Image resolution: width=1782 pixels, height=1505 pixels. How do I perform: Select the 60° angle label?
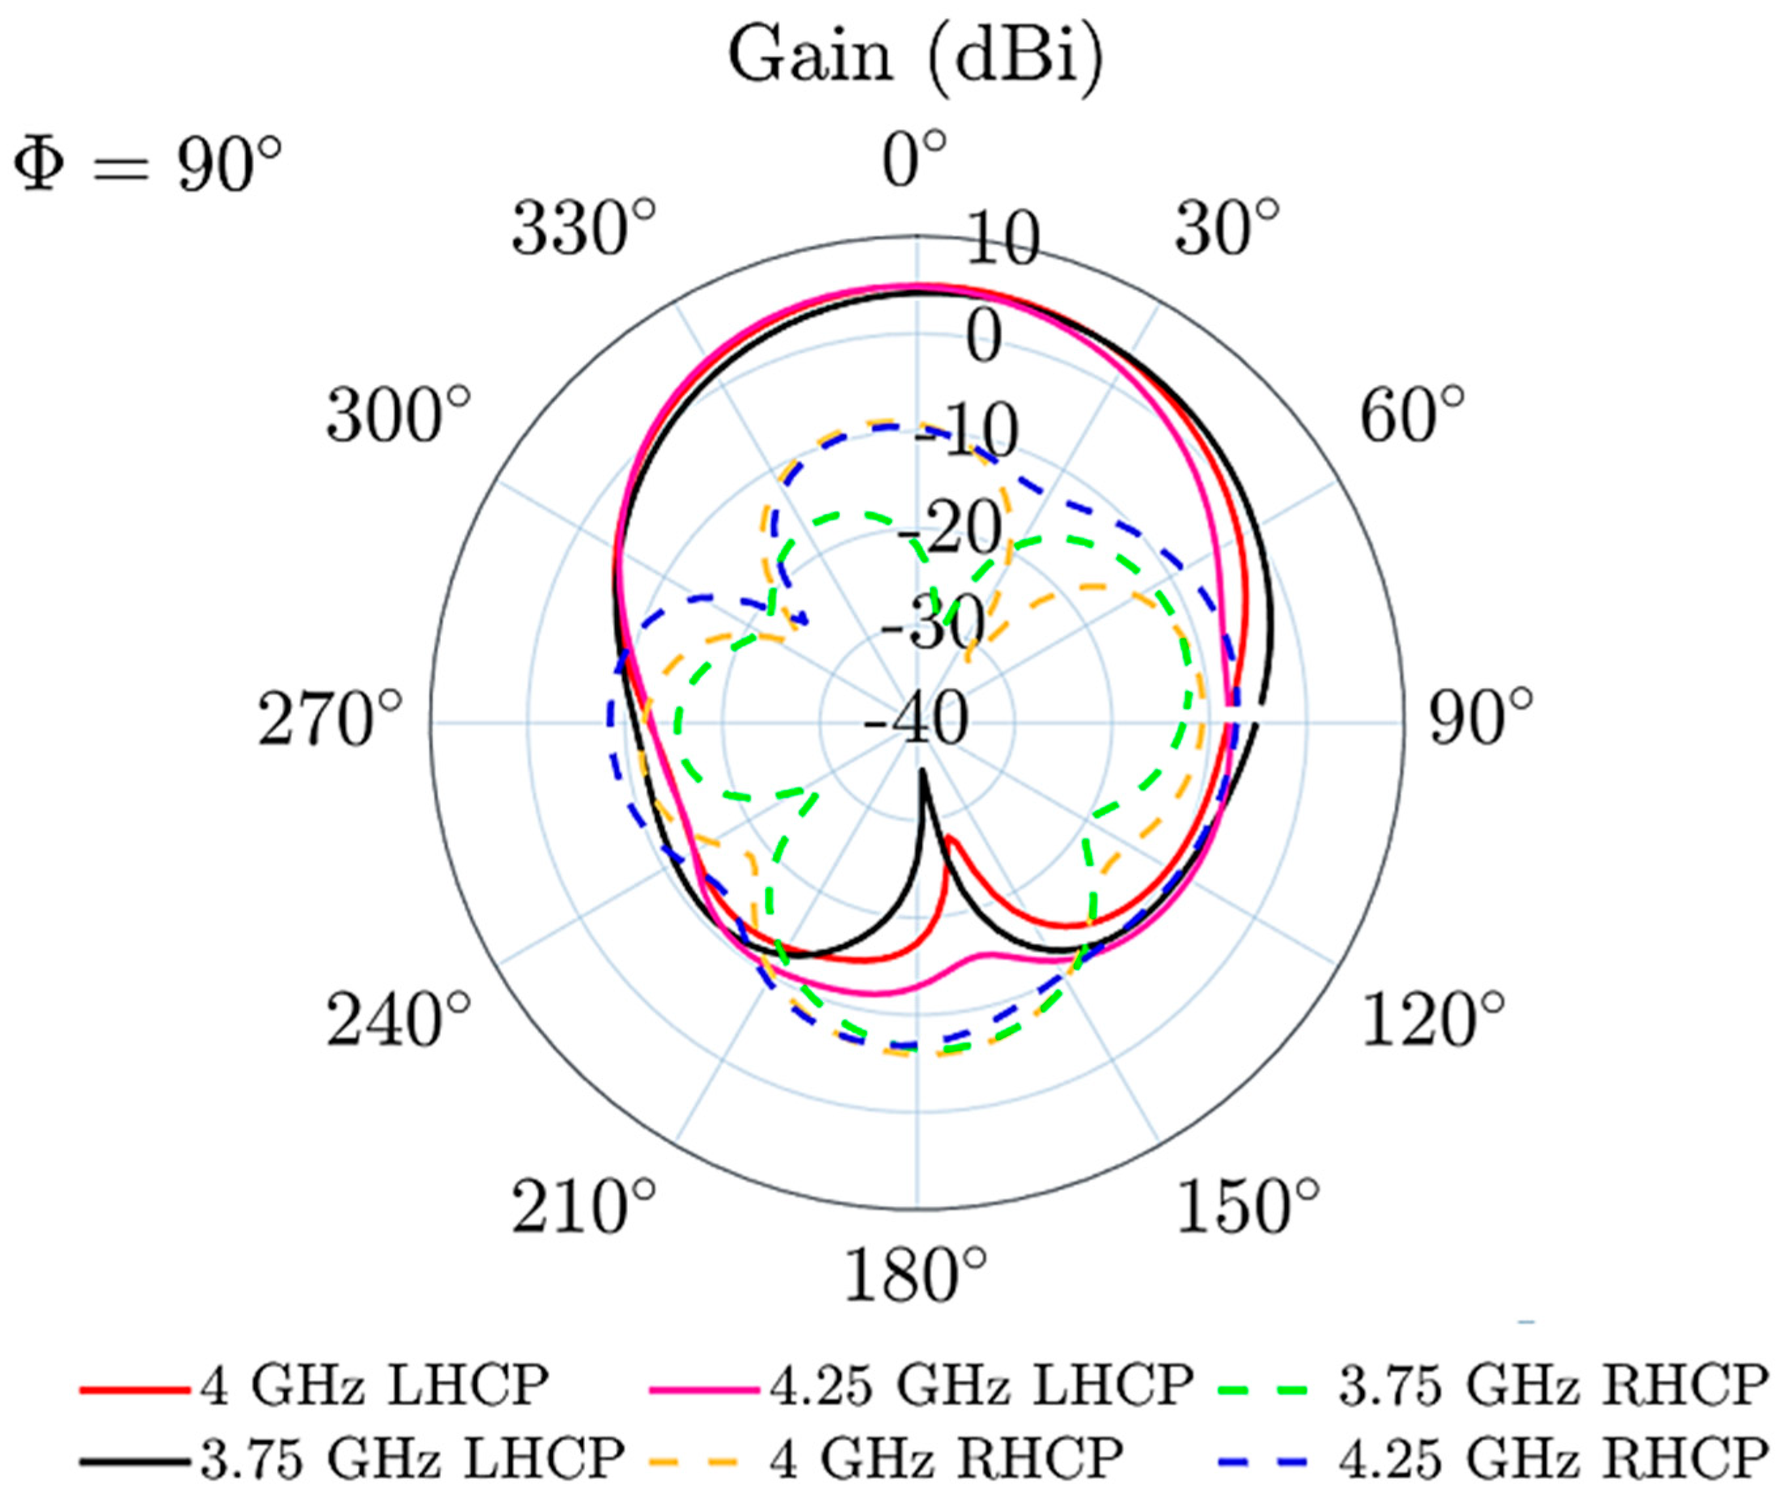point(1411,415)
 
